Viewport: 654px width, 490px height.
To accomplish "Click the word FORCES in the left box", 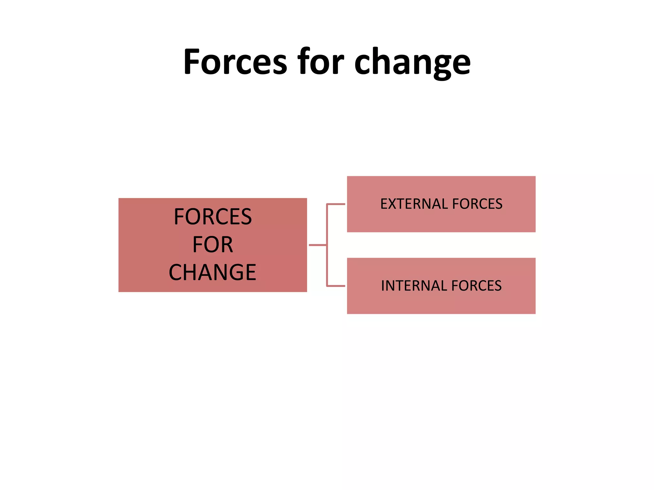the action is point(213,217).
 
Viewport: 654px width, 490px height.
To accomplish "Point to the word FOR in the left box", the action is point(213,245).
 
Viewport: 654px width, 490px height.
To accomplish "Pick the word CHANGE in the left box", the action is point(213,272).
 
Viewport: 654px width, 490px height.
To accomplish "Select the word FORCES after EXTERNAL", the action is point(477,204).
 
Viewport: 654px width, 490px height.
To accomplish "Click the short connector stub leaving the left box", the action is point(317,245).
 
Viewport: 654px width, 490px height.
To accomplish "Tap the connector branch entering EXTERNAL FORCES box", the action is point(336,204).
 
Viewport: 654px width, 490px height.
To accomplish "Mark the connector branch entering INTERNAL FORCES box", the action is point(336,286).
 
